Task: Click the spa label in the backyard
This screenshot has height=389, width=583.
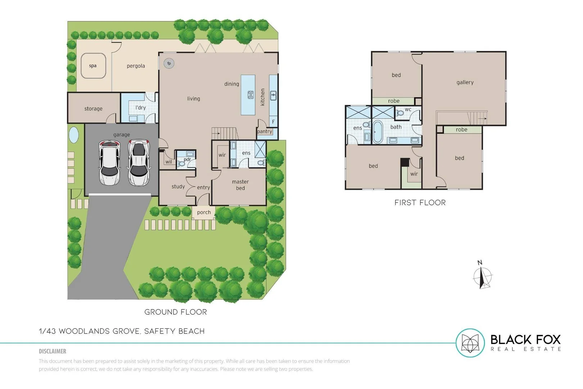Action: (92, 66)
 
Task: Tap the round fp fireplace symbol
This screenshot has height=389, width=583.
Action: (169, 63)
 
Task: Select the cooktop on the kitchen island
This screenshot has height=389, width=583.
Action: (250, 95)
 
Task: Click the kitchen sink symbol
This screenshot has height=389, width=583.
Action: (273, 95)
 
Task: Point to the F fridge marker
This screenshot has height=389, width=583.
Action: (273, 122)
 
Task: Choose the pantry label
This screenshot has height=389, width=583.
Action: (265, 131)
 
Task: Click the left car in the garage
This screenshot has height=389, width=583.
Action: (109, 163)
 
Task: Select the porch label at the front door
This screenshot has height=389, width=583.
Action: (204, 213)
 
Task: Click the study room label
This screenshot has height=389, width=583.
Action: (178, 187)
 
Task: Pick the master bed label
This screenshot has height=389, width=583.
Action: (240, 185)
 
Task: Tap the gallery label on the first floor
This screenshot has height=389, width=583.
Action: (465, 82)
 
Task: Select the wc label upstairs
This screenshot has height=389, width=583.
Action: (408, 109)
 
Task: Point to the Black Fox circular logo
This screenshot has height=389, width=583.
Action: (470, 343)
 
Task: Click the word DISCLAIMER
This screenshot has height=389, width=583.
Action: (53, 351)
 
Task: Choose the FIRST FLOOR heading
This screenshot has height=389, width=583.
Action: (420, 203)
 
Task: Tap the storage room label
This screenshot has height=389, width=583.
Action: (93, 109)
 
